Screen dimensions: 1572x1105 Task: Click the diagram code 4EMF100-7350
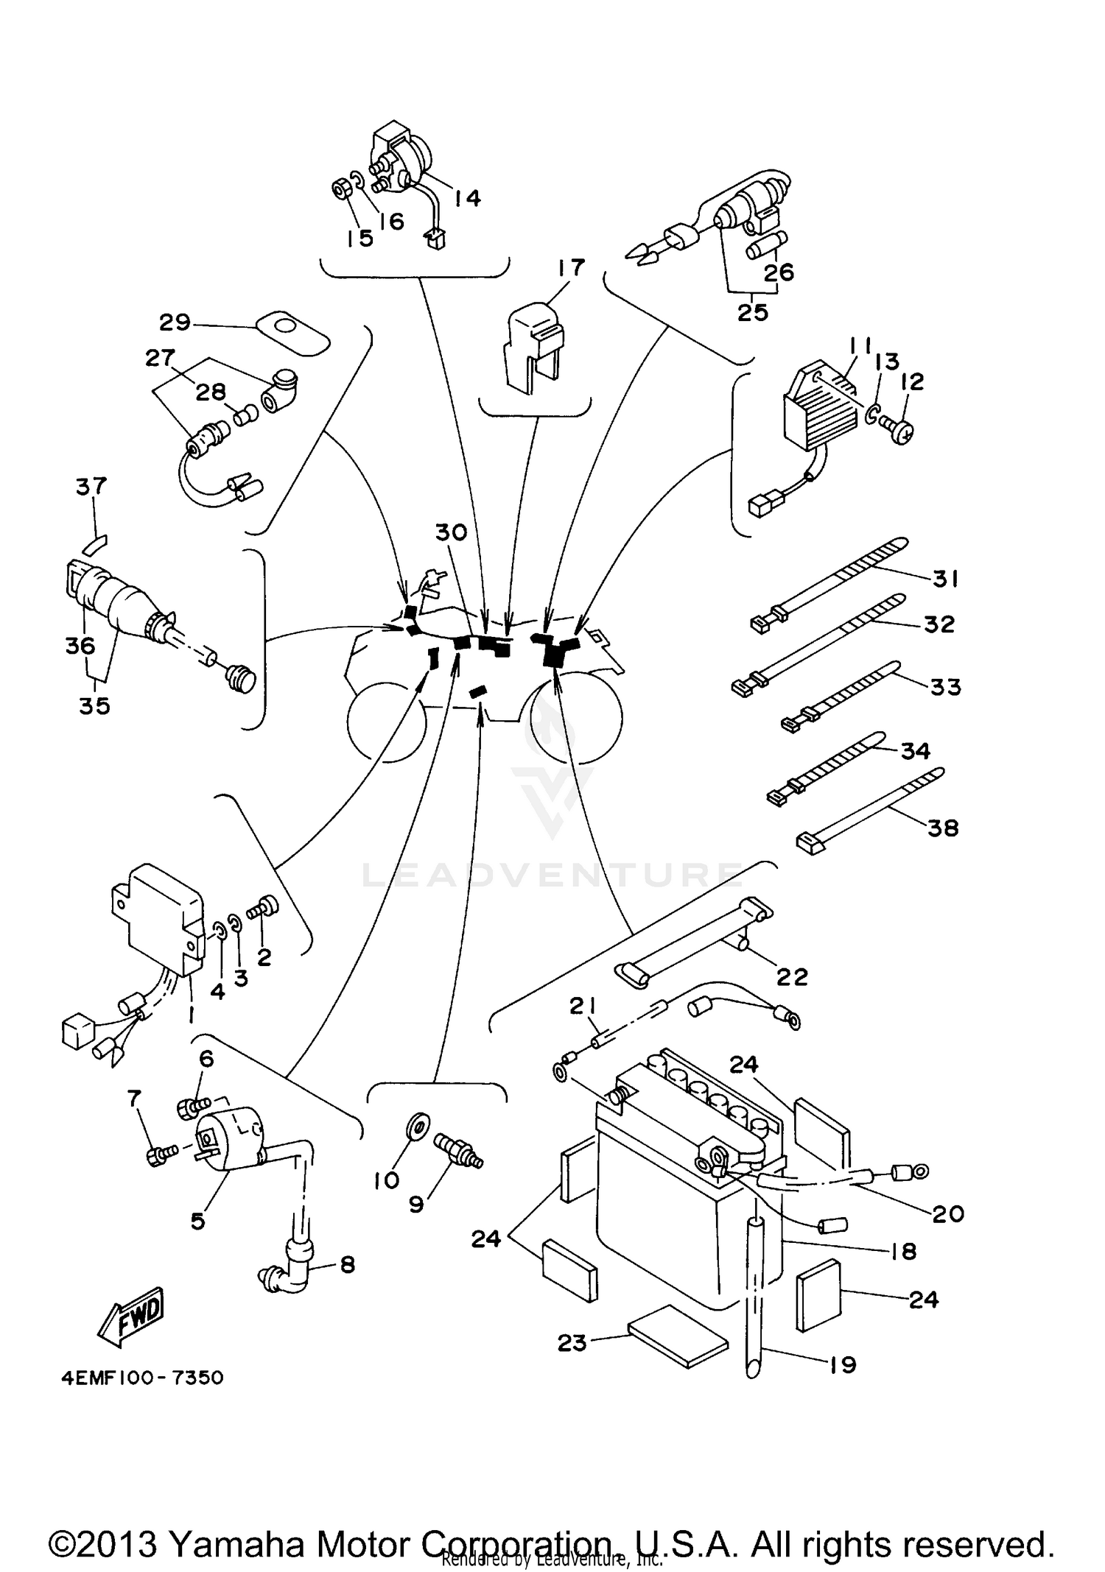(142, 1377)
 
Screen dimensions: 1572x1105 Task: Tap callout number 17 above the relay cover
(572, 267)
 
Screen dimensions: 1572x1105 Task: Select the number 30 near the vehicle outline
(451, 532)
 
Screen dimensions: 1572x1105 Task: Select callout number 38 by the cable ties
(942, 828)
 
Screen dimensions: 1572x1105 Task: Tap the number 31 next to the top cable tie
(945, 579)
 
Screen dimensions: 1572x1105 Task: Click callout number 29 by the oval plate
(175, 322)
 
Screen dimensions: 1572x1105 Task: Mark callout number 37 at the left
(91, 486)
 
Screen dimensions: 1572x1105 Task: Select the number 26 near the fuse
(779, 272)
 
